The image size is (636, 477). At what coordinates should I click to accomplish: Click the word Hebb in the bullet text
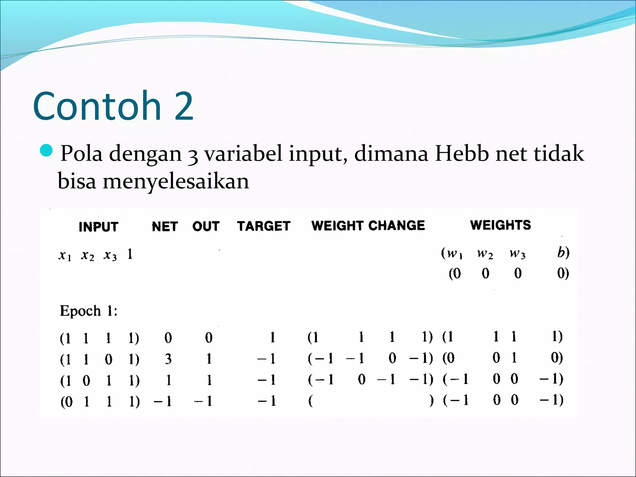(462, 153)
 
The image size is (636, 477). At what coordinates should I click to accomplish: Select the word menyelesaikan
(176, 181)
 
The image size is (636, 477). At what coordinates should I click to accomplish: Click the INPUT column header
(98, 227)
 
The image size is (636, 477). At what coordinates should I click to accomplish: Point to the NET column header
(165, 226)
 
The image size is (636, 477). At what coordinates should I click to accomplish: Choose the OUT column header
(206, 226)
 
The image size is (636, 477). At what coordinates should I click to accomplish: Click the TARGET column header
(264, 226)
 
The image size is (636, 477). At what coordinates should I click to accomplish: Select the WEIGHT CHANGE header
(368, 225)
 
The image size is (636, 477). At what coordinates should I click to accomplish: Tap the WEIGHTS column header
(500, 225)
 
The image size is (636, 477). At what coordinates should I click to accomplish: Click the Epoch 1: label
(89, 311)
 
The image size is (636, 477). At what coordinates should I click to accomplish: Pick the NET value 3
(168, 359)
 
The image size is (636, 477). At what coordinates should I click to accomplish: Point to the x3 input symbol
(110, 255)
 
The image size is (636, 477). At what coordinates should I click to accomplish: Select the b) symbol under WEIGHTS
(563, 253)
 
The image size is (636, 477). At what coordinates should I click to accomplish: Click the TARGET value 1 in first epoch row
(272, 337)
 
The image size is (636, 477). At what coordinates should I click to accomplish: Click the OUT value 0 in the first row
(209, 338)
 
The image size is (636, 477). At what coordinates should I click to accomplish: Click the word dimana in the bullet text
(391, 153)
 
